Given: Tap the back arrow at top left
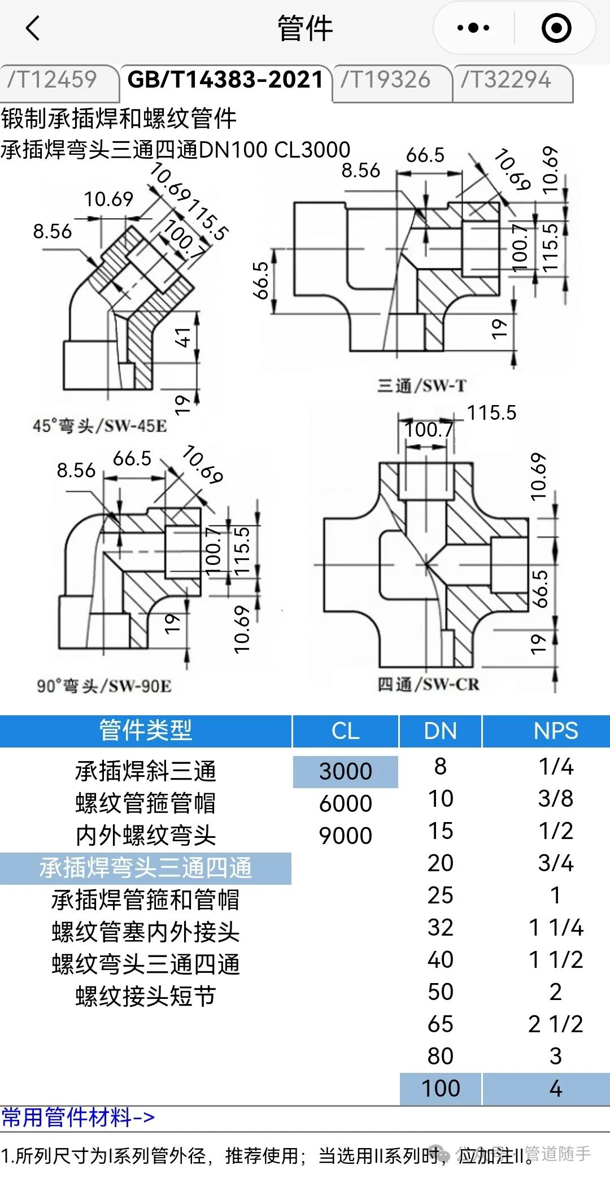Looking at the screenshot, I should pos(33,28).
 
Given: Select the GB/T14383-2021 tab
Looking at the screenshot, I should pos(225,80).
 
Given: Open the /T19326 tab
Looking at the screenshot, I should pos(386,80).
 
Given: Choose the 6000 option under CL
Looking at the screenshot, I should pos(345,803).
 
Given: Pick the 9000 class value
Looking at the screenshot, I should pos(345,836).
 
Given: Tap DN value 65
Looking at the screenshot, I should pos(441,1024).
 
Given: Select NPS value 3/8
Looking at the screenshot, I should pos(555,798).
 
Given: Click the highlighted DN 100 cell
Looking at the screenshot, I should pos(441,1088).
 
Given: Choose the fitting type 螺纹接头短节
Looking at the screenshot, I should pos(146,996).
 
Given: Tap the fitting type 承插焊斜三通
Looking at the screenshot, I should pos(146,771).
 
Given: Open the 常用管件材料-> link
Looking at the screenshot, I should pos(78,1118).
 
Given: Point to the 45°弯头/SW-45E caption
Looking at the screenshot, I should pos(100,425).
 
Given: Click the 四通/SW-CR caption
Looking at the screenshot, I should pos(428,684).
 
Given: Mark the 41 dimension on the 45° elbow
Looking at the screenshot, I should pos(182,337).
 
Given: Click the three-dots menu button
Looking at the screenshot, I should pos(473,28).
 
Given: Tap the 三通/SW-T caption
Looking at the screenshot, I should pos(422,386).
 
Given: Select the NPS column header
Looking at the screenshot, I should pos(555,731).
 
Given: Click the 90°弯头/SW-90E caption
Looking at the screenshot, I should pos(104,686).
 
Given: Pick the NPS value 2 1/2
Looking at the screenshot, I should pos(555,1024).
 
